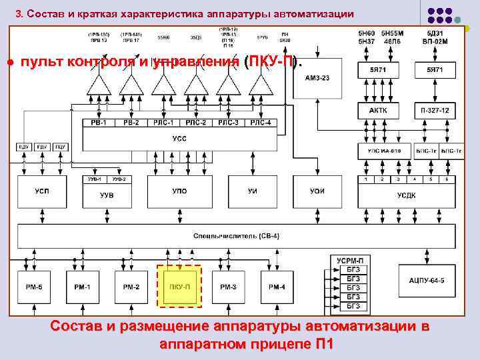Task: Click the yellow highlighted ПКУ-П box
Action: [x=179, y=286]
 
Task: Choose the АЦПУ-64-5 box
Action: [x=427, y=281]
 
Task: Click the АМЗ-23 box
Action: [x=317, y=78]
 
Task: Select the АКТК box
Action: [x=377, y=111]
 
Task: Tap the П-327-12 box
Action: [x=435, y=111]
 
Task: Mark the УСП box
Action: [x=41, y=192]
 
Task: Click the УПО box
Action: [x=179, y=192]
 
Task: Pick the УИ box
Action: [x=252, y=192]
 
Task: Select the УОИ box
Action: [x=317, y=192]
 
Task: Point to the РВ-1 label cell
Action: [x=93, y=123]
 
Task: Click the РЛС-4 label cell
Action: [x=263, y=123]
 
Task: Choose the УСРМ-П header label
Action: [x=350, y=259]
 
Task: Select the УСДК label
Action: [x=406, y=195]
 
